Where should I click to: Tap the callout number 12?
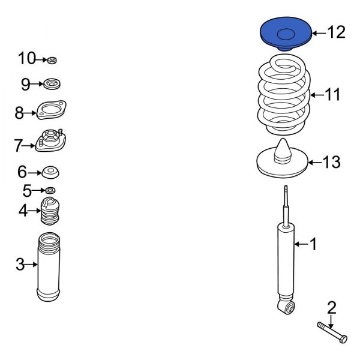(337, 32)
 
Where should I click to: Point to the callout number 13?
(331, 162)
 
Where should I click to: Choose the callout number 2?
(331, 308)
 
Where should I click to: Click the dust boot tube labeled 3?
(49, 266)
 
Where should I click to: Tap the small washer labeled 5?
(51, 191)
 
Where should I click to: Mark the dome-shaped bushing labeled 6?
(52, 173)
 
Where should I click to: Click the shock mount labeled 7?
(52, 141)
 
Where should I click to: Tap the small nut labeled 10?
(52, 59)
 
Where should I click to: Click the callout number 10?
(27, 58)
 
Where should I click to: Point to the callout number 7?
(19, 145)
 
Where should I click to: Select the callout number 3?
(20, 264)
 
